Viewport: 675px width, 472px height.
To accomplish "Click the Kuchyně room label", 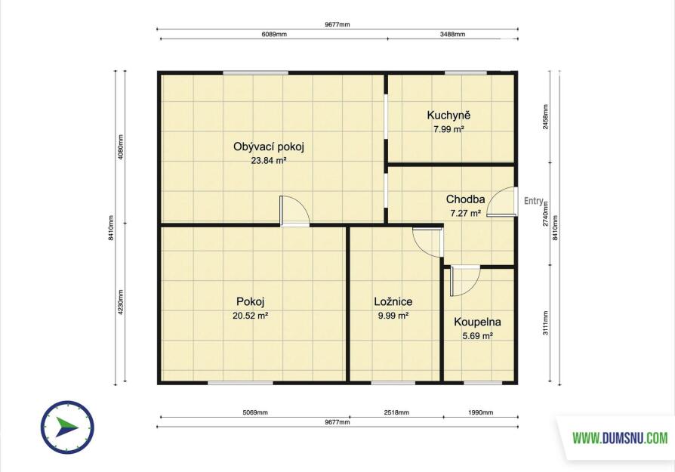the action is coord(448,115).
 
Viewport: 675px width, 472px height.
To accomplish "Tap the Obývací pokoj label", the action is coord(269,147).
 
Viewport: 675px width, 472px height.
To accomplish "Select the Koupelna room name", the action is coord(477,322).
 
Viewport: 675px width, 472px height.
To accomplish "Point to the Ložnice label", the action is coord(393,302).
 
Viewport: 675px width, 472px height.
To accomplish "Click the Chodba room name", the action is coord(465,199).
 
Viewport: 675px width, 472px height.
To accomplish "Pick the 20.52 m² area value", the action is coord(251,316).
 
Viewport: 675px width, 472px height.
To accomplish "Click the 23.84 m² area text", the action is coord(269,161).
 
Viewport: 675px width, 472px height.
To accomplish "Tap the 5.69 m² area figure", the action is coord(477,336).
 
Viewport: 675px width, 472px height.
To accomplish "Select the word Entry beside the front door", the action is coord(534,201).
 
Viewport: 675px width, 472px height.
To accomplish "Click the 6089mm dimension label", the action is coord(274,34).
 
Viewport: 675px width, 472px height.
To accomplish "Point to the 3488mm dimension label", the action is coord(452,34).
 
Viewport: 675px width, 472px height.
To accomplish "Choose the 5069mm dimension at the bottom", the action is coord(255,412).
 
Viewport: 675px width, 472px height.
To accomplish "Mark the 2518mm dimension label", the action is coord(396,412).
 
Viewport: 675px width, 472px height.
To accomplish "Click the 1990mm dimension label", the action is coord(480,412).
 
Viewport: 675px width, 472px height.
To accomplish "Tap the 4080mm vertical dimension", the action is coord(121,147).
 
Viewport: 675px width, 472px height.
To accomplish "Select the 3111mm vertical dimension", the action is coord(545,323).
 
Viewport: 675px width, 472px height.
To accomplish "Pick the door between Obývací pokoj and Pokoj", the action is coord(294,211).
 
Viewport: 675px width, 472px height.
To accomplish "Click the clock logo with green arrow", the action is coord(68,427).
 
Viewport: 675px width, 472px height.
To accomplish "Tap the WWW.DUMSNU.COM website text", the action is coord(620,439).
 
